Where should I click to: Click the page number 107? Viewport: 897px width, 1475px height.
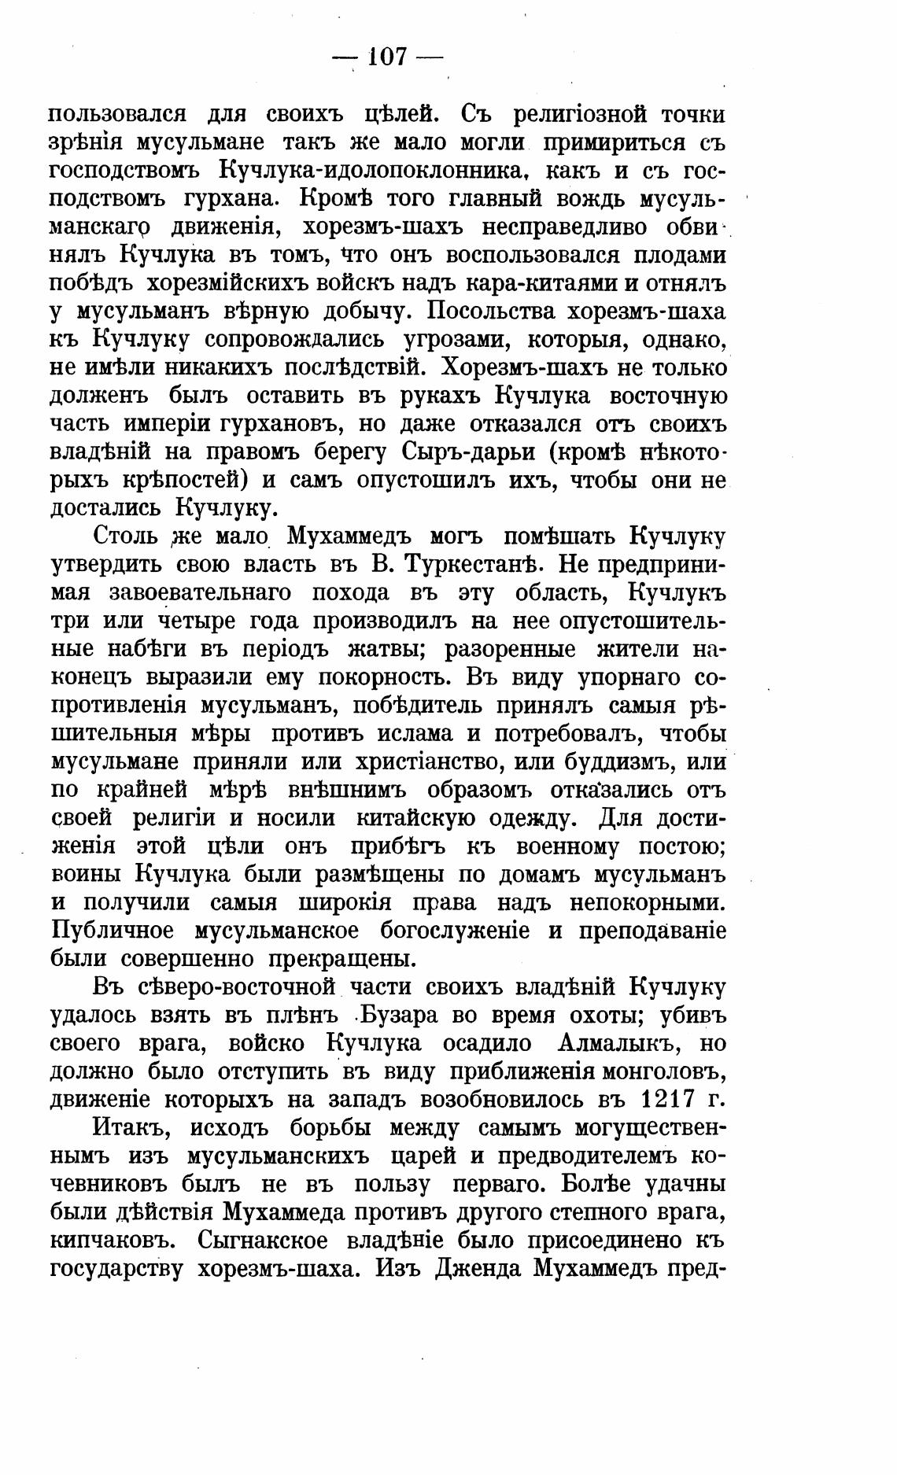point(386,57)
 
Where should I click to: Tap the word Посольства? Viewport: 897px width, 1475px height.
point(499,312)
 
